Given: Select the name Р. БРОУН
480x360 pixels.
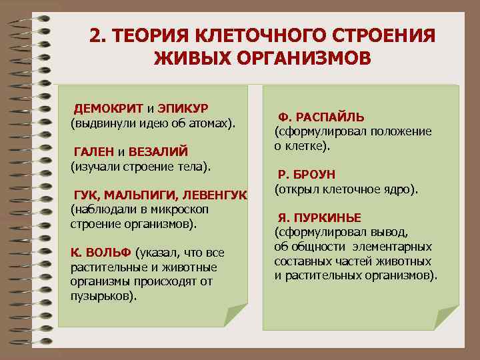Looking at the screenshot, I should [x=309, y=176].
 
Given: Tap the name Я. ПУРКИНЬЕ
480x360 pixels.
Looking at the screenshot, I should [x=319, y=218].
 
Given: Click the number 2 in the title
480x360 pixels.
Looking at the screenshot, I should [x=95, y=35].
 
